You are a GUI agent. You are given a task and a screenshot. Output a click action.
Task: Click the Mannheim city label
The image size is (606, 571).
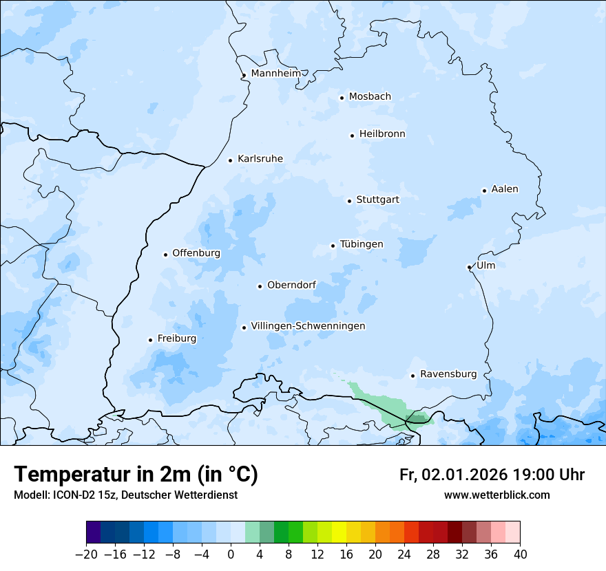(275, 74)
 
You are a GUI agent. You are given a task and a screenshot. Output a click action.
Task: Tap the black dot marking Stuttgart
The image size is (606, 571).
(349, 201)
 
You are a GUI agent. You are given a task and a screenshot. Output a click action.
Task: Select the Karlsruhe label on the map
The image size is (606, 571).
(260, 159)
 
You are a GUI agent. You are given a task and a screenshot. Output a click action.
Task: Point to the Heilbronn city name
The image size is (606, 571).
(382, 134)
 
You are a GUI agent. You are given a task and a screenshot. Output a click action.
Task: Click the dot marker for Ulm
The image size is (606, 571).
(469, 267)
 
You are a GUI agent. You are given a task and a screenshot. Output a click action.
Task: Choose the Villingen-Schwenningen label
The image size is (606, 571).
(308, 326)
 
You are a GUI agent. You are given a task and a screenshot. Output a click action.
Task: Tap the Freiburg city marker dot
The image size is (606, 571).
(150, 340)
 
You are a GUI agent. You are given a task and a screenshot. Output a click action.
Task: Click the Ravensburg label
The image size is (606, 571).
(448, 374)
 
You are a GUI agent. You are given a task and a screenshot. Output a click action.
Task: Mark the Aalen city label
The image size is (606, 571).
(505, 189)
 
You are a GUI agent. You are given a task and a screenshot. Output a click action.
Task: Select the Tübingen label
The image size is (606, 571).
(362, 244)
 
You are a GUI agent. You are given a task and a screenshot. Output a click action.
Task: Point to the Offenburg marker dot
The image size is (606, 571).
(165, 255)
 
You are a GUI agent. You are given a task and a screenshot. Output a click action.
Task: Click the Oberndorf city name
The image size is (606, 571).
(291, 285)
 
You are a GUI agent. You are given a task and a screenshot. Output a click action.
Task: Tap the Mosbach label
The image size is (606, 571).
(370, 97)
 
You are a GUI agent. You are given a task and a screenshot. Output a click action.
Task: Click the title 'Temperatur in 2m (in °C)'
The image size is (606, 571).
(136, 475)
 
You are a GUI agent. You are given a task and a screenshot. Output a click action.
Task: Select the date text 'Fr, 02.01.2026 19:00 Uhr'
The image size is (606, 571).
(492, 475)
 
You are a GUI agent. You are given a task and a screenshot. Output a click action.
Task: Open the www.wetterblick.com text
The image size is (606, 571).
(497, 495)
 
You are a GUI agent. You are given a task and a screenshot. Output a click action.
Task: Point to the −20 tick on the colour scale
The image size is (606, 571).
(86, 554)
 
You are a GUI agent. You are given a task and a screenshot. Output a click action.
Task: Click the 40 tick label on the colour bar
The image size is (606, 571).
(520, 554)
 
